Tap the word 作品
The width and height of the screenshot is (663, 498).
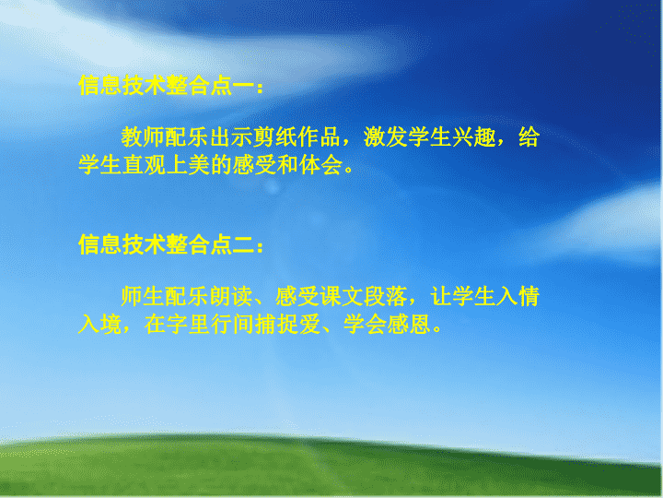pyautogui.click(x=320, y=136)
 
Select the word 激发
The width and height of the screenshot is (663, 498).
pyautogui.click(x=386, y=136)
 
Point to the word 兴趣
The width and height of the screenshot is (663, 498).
pyautogui.click(x=473, y=136)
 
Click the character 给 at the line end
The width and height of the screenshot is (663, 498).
pyautogui.click(x=529, y=136)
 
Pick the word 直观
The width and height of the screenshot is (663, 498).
pyautogui.click(x=144, y=165)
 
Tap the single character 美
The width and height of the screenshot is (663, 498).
pyautogui.click(x=198, y=165)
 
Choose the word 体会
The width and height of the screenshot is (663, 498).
pyautogui.click(x=320, y=165)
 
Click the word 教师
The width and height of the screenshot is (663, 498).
pyautogui.click(x=143, y=136)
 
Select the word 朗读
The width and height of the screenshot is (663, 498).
pyautogui.click(x=231, y=296)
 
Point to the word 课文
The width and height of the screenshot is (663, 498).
pyautogui.click(x=342, y=296)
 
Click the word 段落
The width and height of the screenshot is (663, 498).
pyautogui.click(x=386, y=296)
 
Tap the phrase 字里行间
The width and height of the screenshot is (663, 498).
pyautogui.click(x=210, y=325)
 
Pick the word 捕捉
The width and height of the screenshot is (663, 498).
pyautogui.click(x=275, y=325)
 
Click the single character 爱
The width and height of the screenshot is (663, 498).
pyautogui.click(x=308, y=325)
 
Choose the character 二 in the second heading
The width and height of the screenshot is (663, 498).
pyautogui.click(x=243, y=245)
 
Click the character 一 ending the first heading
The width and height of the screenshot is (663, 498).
pyautogui.click(x=243, y=85)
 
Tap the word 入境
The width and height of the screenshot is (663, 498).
pyautogui.click(x=99, y=325)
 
